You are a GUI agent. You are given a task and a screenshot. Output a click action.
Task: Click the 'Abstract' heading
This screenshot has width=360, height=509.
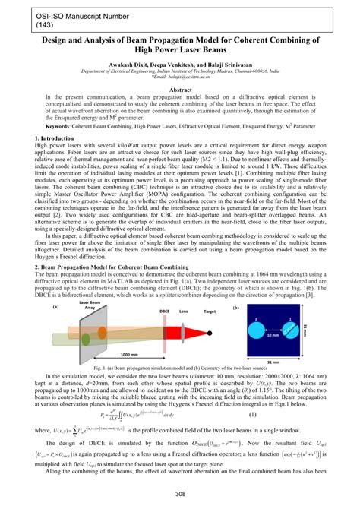click(180, 89)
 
